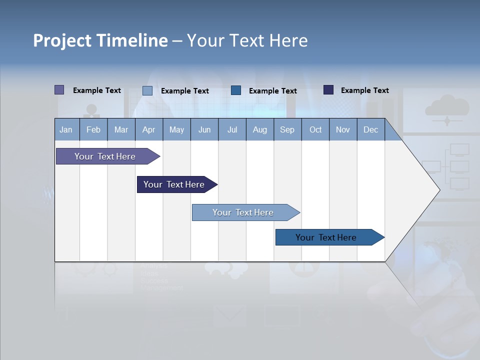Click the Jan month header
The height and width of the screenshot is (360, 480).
point(66,130)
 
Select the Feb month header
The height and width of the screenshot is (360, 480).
point(93,130)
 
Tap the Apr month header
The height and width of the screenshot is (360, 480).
point(149,130)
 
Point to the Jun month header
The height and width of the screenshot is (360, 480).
point(204,130)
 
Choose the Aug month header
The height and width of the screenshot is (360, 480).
point(260,130)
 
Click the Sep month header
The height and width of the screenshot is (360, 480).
point(287,130)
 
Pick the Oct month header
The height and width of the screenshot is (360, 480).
point(315,130)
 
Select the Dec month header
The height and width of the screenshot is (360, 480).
point(371,130)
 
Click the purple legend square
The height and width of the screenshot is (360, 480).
point(59,90)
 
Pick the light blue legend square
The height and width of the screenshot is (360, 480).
point(147,90)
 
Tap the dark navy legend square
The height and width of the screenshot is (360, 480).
point(328,90)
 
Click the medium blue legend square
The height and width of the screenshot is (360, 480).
point(236,90)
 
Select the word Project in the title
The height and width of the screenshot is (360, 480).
point(62,40)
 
